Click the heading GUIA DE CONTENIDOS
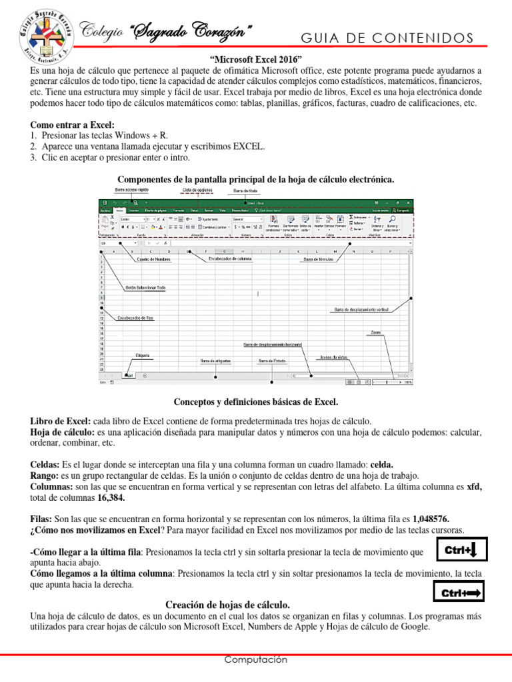[387, 37]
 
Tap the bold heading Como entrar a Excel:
[73, 125]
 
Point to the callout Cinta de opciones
[197, 190]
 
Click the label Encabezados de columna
[230, 258]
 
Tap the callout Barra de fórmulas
[319, 260]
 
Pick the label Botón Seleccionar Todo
[145, 288]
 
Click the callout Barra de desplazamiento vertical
[361, 310]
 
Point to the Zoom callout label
[375, 332]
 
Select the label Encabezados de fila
[136, 318]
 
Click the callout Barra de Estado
[272, 361]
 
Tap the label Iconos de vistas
[333, 357]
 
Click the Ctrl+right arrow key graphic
[460, 591]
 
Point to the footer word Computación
[256, 659]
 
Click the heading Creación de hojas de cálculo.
[227, 605]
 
